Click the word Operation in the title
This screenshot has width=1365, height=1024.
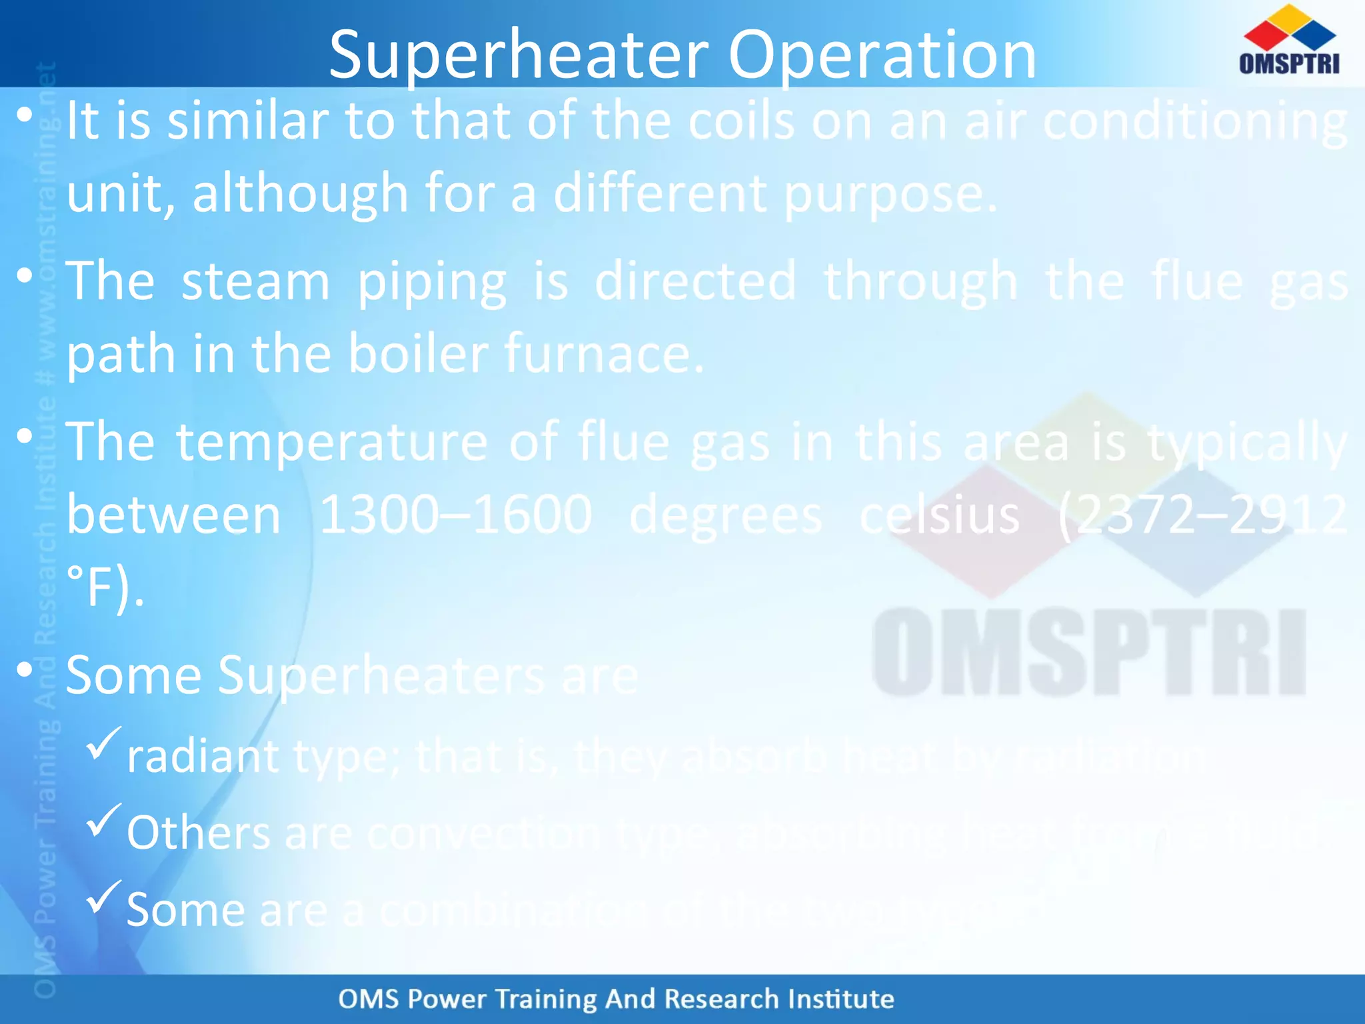881,56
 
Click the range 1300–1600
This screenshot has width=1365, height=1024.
455,515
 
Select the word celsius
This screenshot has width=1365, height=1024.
939,515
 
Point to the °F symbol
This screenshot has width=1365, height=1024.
97,587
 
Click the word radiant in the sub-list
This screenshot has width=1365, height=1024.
202,757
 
